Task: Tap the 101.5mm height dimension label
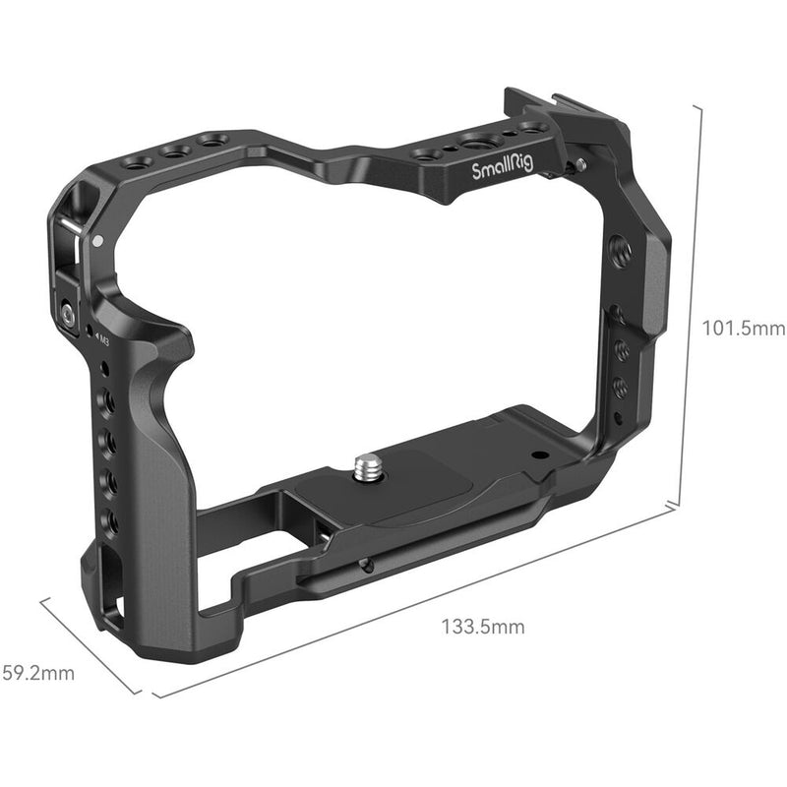click(743, 329)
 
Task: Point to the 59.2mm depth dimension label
click(36, 673)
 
